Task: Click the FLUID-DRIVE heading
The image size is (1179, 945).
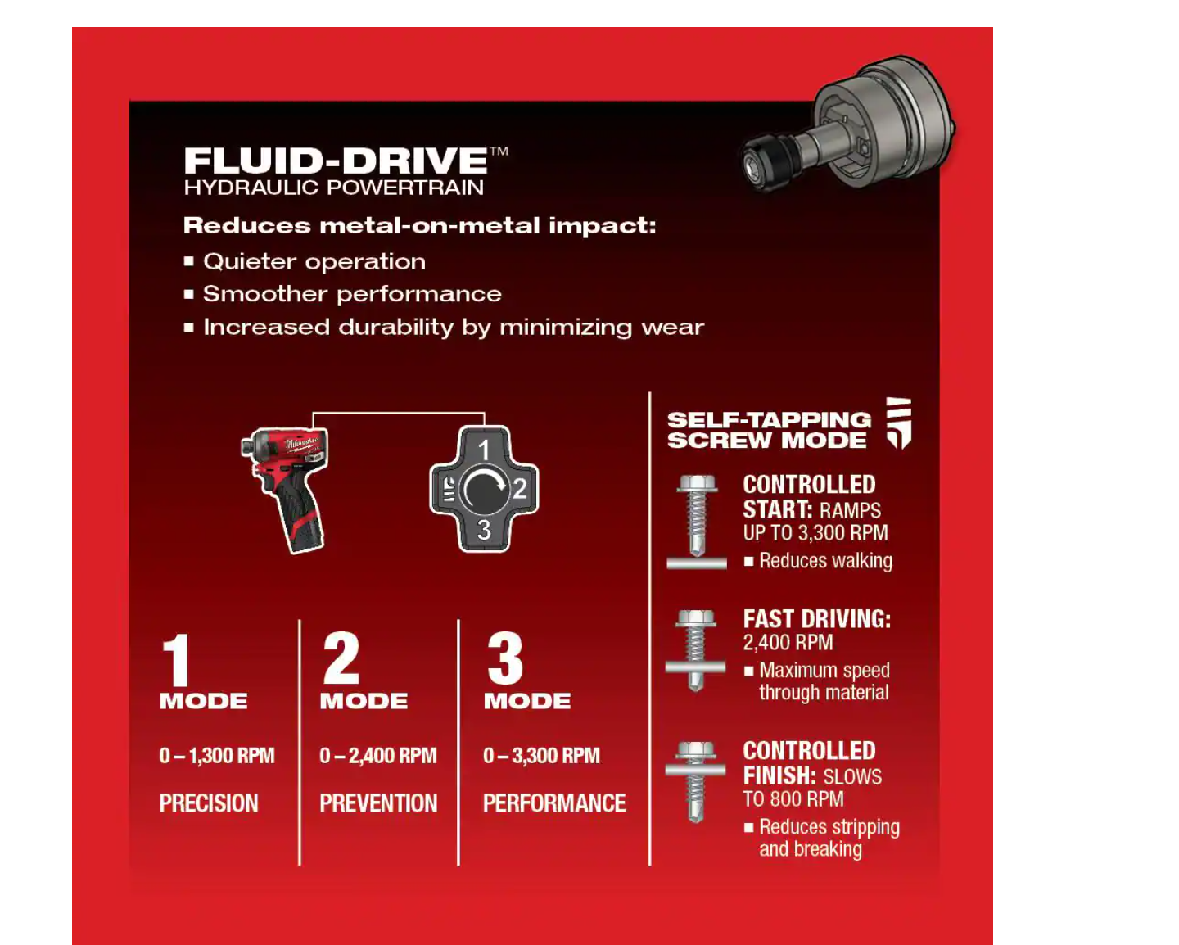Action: pos(336,160)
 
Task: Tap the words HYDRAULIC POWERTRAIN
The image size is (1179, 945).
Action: pos(334,188)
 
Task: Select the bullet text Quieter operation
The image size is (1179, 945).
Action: pos(314,262)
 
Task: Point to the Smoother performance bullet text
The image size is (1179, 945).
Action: pos(352,294)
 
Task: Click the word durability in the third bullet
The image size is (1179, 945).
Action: pos(395,328)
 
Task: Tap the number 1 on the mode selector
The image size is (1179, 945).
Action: pos(484,450)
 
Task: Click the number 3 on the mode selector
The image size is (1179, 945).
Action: pos(484,530)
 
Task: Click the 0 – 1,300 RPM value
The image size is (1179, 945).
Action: pos(217,755)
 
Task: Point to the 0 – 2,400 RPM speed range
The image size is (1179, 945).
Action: pos(378,755)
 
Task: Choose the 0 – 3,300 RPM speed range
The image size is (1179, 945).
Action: pos(541,755)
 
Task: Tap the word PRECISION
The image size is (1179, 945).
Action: pos(209,803)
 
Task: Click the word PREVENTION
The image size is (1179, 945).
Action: pos(378,803)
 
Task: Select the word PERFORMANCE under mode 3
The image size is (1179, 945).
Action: pos(554,803)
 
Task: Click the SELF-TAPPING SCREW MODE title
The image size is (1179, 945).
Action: pos(769,430)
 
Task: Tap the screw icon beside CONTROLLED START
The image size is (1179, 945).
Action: pos(696,522)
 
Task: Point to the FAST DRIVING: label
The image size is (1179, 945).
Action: pos(817,619)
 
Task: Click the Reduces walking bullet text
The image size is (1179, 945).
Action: pos(825,561)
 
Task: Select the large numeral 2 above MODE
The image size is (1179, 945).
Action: pos(341,658)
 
